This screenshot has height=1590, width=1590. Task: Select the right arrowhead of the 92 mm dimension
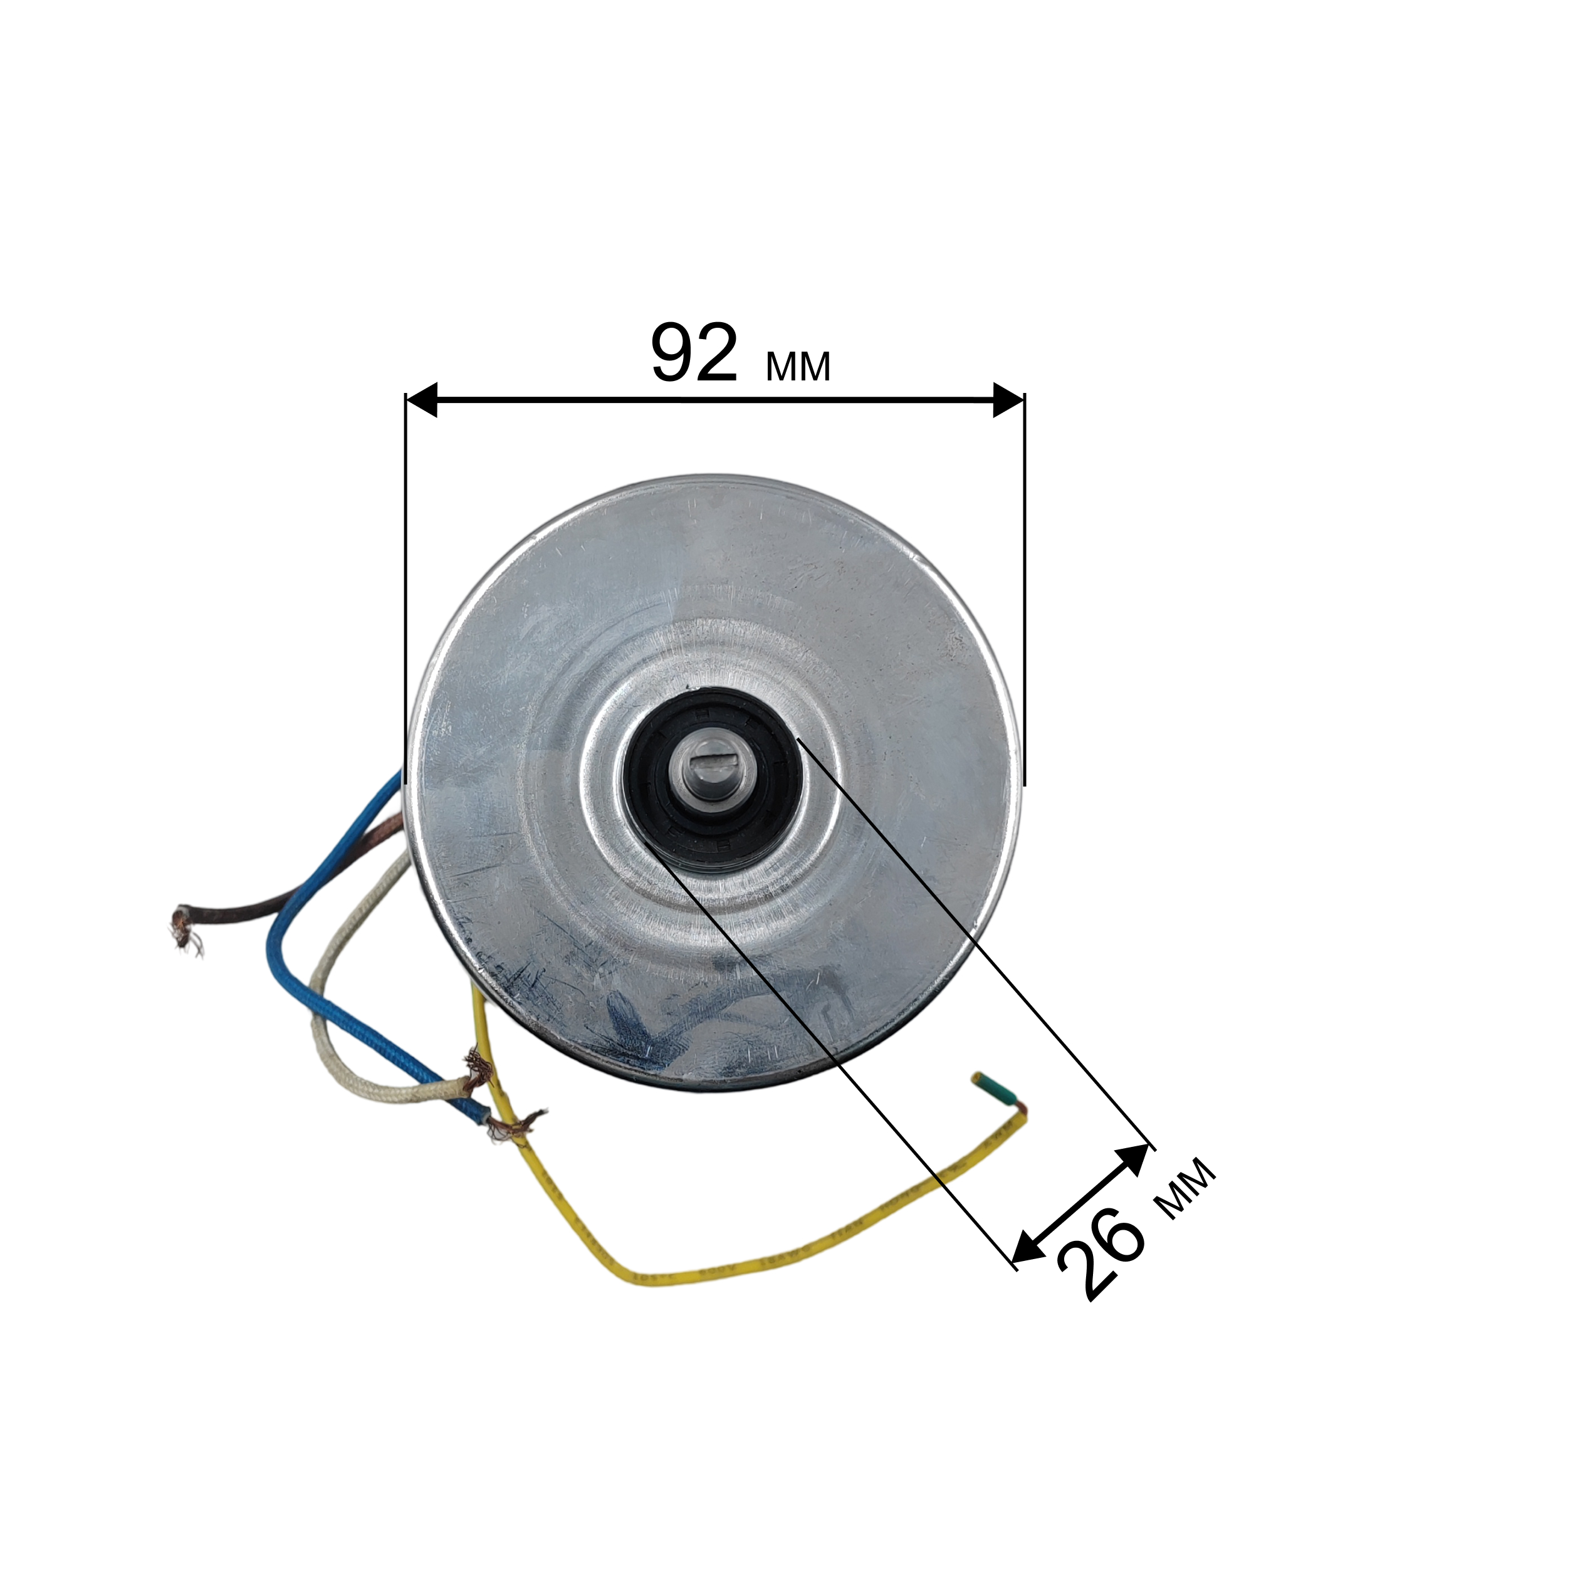1009,399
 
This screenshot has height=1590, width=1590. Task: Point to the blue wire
284,922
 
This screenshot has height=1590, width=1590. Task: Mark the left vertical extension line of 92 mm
405,576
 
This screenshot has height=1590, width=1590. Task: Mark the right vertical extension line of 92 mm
1025,576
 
